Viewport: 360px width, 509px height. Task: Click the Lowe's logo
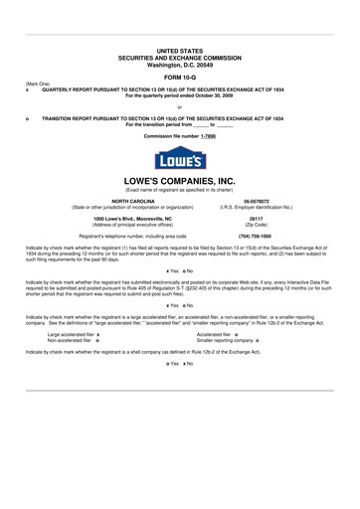click(x=179, y=158)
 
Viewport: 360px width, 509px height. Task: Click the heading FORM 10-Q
click(x=179, y=76)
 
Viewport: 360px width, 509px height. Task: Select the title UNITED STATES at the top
click(x=179, y=49)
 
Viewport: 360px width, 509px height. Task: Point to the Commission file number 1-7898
click(x=179, y=135)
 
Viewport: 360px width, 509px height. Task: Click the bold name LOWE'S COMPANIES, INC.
click(x=179, y=181)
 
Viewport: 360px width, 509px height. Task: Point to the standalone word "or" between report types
click(x=179, y=106)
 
